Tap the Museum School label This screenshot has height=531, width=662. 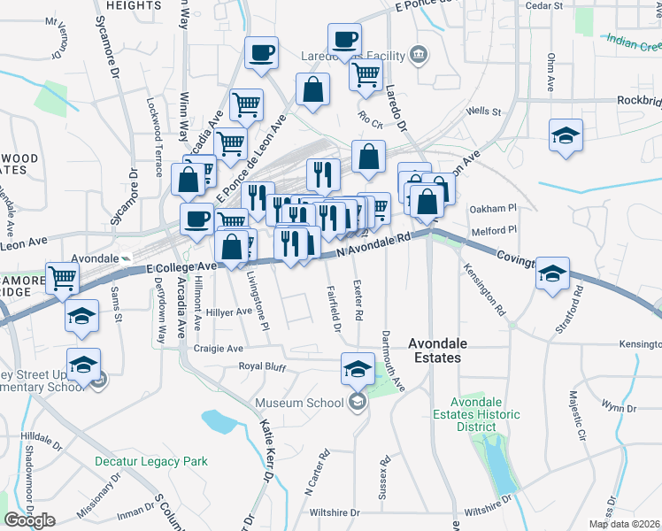pos(299,404)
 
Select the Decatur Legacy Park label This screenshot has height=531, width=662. pos(151,461)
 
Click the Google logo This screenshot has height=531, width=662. pos(29,520)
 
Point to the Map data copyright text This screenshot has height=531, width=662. pos(624,524)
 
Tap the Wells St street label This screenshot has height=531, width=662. pos(484,112)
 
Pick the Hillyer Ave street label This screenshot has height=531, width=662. pos(228,312)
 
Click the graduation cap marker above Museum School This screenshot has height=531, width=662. pos(358,368)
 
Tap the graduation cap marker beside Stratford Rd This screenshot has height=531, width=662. pos(552,273)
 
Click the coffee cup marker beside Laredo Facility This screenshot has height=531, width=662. pos(344,40)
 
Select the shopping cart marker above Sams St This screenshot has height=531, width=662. pos(63,278)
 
